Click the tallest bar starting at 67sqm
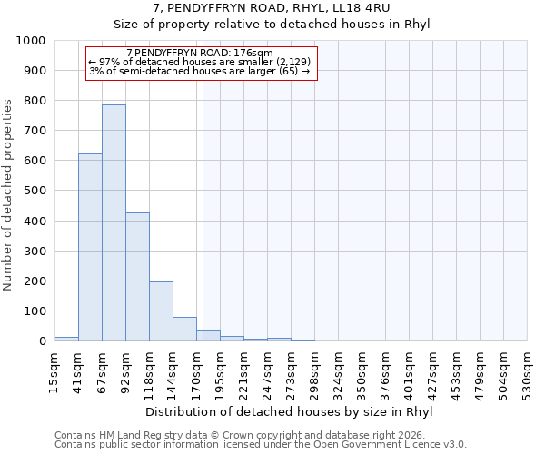click(114, 222)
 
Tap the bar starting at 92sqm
click(137, 277)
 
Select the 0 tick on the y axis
click(42, 341)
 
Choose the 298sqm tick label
click(314, 373)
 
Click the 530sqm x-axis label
click(527, 373)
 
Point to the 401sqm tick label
click(409, 373)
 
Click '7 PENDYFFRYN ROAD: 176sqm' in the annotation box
click(200, 54)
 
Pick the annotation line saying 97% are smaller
click(200, 62)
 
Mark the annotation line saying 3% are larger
click(200, 71)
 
